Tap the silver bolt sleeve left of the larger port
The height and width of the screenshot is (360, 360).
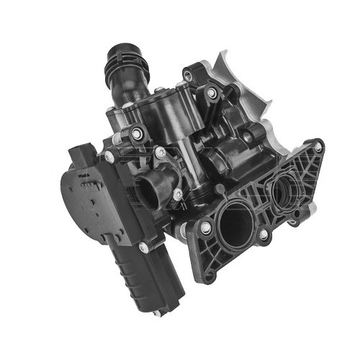[206, 228]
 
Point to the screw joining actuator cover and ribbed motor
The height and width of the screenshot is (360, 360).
[143, 248]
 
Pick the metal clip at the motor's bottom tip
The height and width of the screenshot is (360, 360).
[157, 312]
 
